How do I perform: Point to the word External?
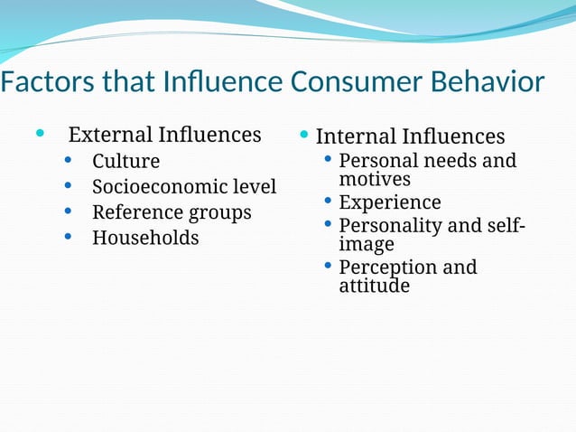click(x=110, y=136)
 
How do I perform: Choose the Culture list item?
click(x=125, y=162)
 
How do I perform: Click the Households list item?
click(x=145, y=239)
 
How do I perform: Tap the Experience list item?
click(x=390, y=202)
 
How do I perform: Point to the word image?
click(x=367, y=244)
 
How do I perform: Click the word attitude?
click(x=374, y=286)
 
